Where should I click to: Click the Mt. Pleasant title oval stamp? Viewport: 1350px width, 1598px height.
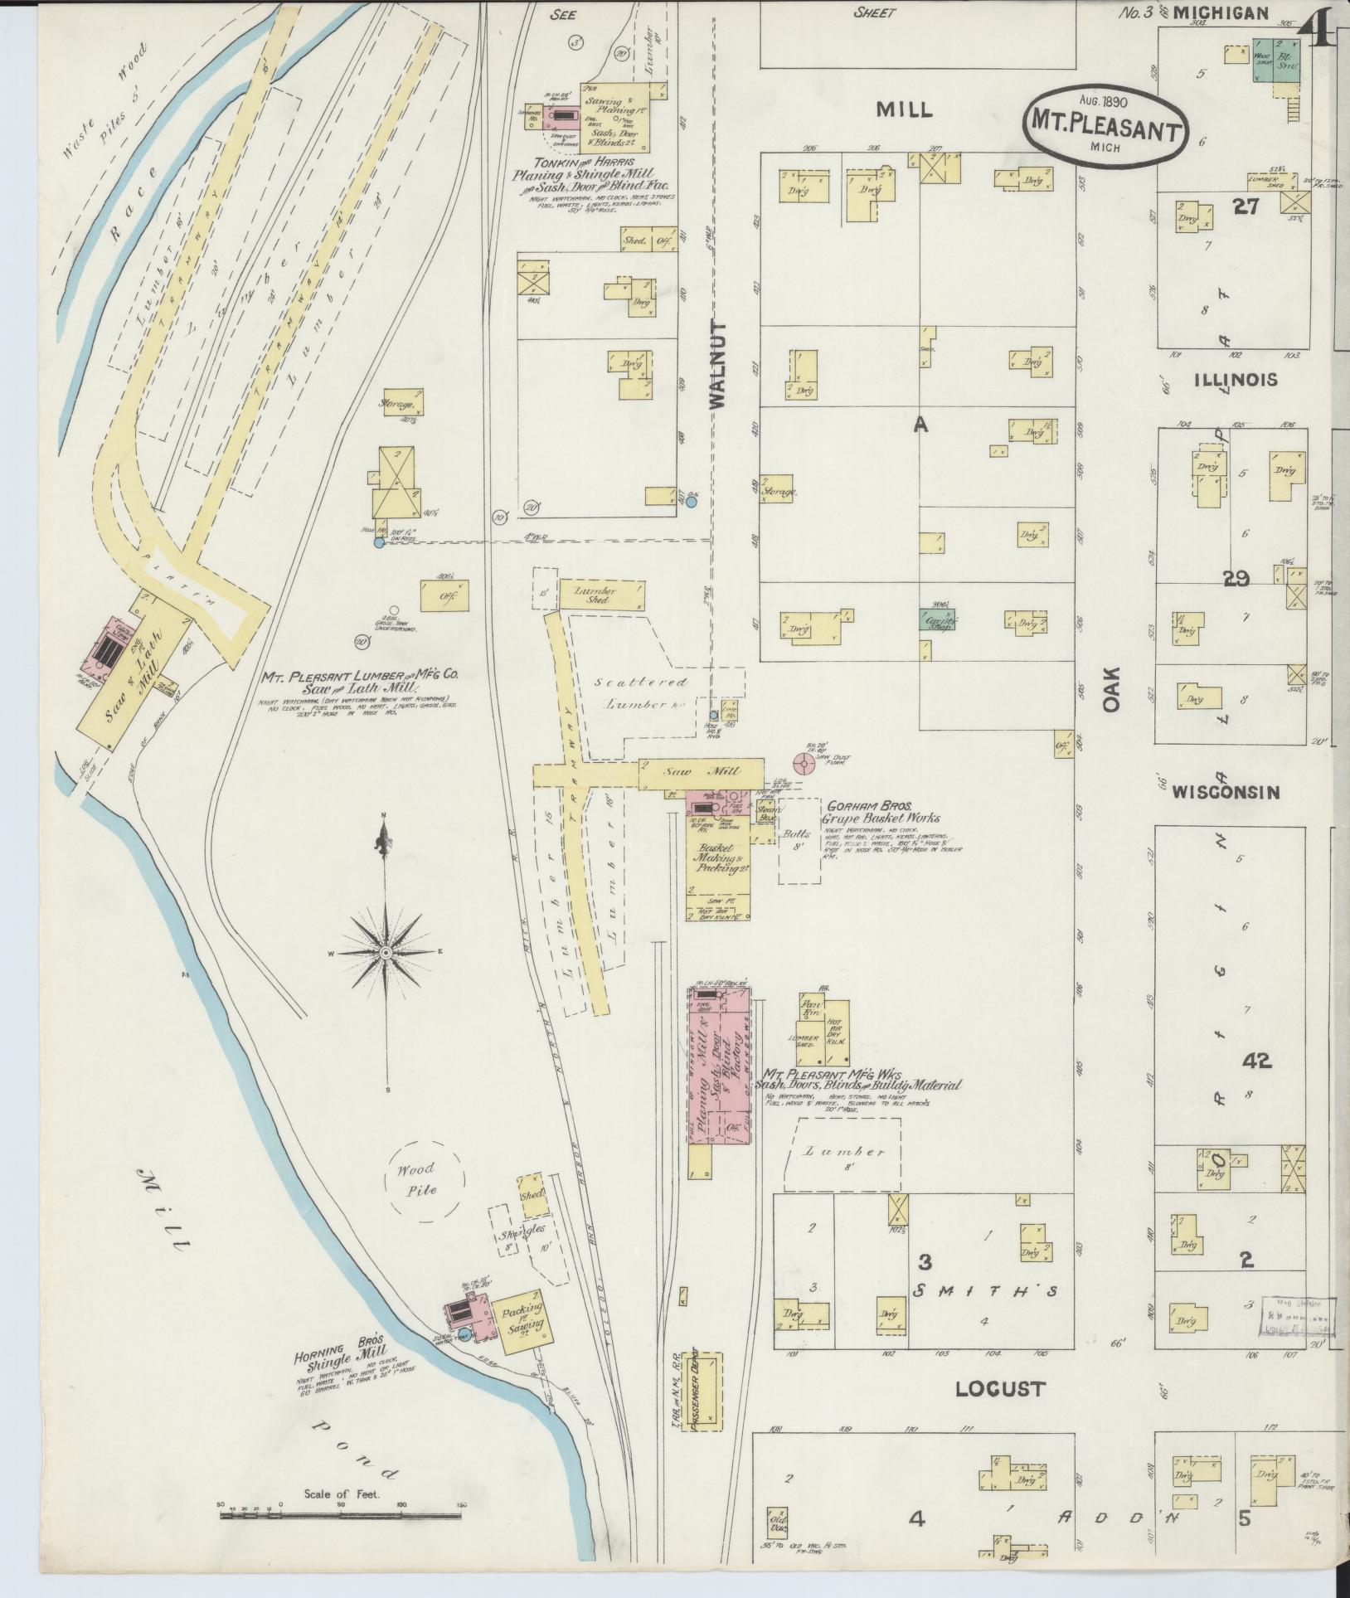1106,129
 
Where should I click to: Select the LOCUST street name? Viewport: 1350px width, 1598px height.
999,1389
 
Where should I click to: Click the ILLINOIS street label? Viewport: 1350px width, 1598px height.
1235,380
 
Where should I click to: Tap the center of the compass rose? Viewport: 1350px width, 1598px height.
385,954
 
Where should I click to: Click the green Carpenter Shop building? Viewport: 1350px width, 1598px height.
937,619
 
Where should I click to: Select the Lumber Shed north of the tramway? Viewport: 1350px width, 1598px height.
601,594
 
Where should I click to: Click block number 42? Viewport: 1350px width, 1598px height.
1256,1060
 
